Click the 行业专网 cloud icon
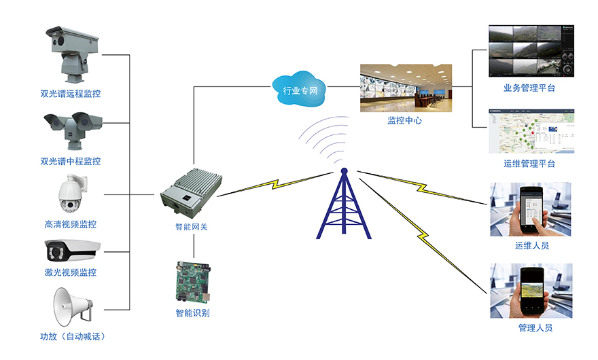tap(299, 88)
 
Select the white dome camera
tap(71, 195)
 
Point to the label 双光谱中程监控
tap(71, 162)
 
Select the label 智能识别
tap(192, 313)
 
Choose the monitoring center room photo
tap(406, 88)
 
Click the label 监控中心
tap(406, 121)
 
